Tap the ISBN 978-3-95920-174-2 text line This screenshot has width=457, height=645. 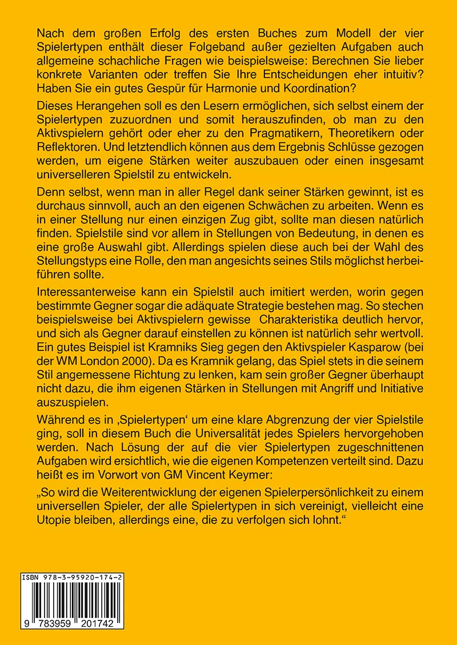(x=71, y=579)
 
